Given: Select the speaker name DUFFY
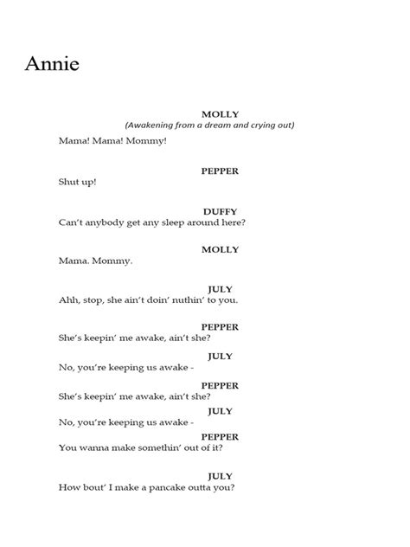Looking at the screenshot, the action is point(220,211).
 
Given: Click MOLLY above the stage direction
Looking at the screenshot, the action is point(220,113).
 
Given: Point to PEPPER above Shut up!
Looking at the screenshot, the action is point(220,171).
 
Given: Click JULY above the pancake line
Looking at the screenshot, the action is point(220,475).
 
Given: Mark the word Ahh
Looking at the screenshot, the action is point(69,300).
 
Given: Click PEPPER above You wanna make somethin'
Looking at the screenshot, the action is point(220,437).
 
